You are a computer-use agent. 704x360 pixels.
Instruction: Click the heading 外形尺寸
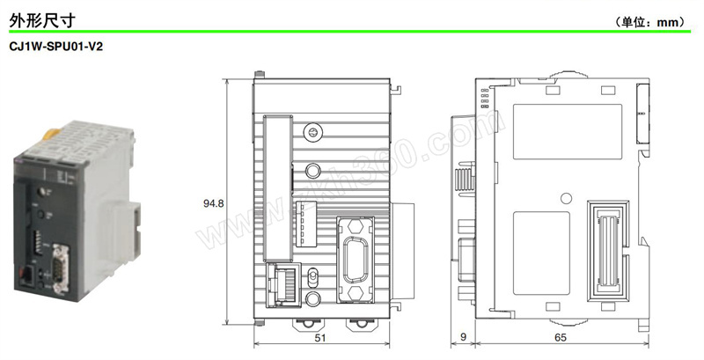pyautogui.click(x=42, y=20)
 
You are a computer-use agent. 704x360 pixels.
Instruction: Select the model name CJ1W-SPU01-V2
pyautogui.click(x=55, y=47)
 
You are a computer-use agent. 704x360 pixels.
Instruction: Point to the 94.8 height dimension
pyautogui.click(x=213, y=203)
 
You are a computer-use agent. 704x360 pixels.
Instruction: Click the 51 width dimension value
pyautogui.click(x=319, y=338)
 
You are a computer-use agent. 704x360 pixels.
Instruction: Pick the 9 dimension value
pyautogui.click(x=464, y=337)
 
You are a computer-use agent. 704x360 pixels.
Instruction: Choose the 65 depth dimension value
pyautogui.click(x=561, y=338)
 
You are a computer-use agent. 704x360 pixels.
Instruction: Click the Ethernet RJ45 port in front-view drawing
pyautogui.click(x=282, y=285)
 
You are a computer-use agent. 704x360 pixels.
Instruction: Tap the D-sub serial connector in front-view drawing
pyautogui.click(x=356, y=260)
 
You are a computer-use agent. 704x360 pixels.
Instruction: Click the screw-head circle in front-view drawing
pyautogui.click(x=312, y=132)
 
